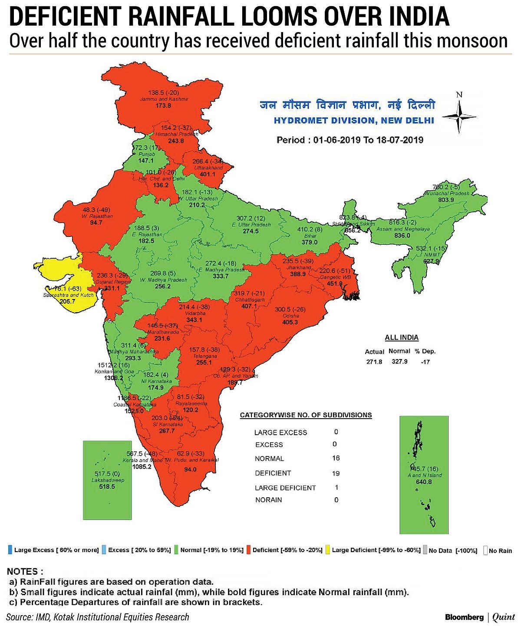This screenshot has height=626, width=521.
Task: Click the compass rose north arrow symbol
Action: tap(459, 116)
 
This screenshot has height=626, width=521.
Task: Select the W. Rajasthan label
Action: tap(97, 216)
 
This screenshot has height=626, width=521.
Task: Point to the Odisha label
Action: tap(290, 316)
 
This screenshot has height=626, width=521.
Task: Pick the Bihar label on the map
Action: tap(310, 236)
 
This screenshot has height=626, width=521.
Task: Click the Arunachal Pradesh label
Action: tap(447, 193)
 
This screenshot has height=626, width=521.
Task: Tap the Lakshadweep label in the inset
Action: tap(108, 480)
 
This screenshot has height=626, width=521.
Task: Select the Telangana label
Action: tap(204, 356)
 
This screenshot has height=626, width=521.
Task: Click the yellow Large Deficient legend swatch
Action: tap(328, 549)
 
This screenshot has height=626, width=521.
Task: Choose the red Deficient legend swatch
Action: tap(249, 549)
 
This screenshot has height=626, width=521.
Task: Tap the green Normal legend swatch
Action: tap(177, 549)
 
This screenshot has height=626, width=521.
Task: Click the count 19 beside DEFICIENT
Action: tap(336, 473)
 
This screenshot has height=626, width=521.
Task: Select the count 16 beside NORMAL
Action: tap(336, 458)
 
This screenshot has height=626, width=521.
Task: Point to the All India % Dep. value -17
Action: tap(425, 362)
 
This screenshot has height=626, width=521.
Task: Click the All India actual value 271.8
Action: tap(374, 362)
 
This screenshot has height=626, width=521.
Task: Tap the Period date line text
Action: tap(350, 140)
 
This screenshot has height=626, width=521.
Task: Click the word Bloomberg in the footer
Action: tap(464, 617)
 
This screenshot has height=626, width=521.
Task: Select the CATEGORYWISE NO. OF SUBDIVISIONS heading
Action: tap(306, 415)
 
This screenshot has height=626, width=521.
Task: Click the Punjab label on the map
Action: tap(146, 154)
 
